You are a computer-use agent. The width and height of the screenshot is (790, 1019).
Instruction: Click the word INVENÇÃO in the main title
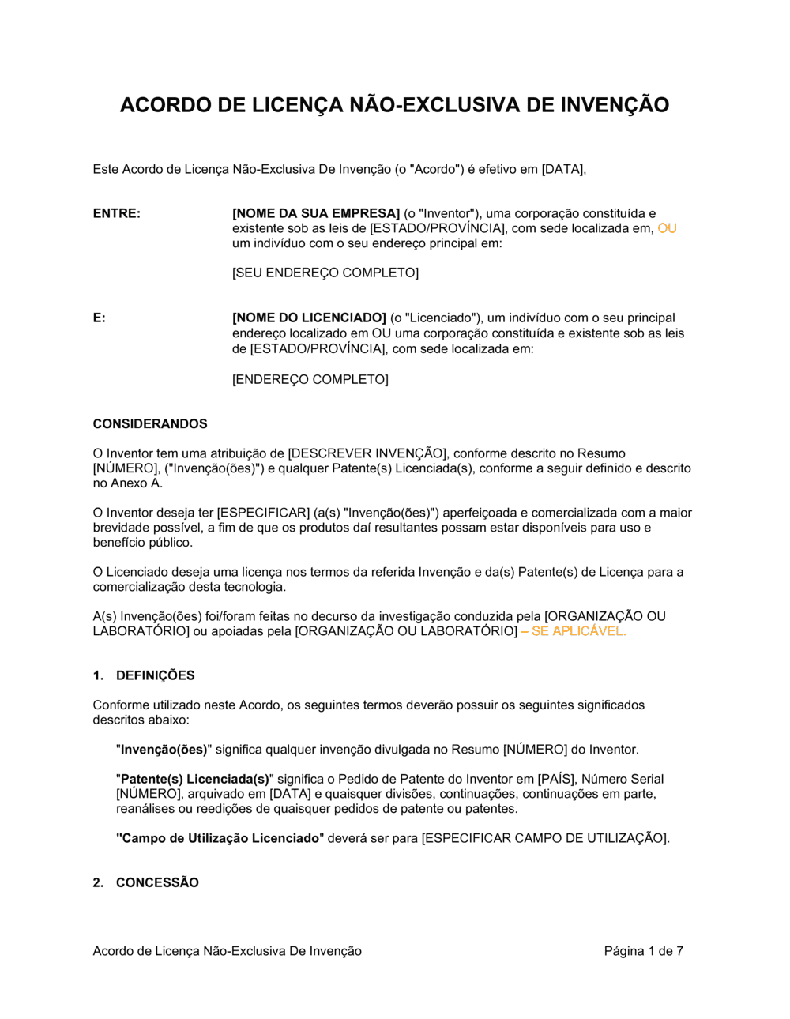point(615,105)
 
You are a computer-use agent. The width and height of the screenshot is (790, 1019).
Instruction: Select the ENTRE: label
point(117,213)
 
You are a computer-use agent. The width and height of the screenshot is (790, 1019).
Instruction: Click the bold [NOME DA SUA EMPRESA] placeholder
point(316,213)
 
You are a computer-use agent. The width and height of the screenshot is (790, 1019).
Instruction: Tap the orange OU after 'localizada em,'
point(667,228)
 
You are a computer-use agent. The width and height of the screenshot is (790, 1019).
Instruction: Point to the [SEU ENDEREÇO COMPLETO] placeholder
point(325,273)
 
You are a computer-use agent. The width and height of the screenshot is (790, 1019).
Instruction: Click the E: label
point(100,318)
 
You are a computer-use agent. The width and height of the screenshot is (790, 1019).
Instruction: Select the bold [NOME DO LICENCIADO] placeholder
point(309,318)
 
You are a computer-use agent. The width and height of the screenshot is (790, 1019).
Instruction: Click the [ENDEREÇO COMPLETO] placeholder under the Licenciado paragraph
point(310,379)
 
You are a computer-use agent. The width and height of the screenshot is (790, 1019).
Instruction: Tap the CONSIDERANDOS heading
point(150,424)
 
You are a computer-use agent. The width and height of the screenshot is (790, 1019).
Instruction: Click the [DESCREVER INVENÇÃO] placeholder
point(367,453)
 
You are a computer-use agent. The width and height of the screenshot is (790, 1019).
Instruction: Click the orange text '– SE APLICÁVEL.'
point(574,631)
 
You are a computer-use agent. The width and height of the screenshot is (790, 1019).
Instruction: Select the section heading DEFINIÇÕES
point(155,675)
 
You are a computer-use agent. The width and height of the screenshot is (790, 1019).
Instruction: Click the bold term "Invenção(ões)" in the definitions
point(164,750)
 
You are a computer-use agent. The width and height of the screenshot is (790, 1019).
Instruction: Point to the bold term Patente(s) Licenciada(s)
point(194,779)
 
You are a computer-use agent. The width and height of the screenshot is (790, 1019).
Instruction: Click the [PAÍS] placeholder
point(556,779)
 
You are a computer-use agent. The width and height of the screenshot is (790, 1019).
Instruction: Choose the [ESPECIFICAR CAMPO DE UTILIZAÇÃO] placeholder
point(545,838)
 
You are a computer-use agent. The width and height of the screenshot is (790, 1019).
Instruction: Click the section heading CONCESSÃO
point(157,882)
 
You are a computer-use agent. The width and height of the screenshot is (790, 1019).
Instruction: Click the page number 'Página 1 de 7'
point(643,951)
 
